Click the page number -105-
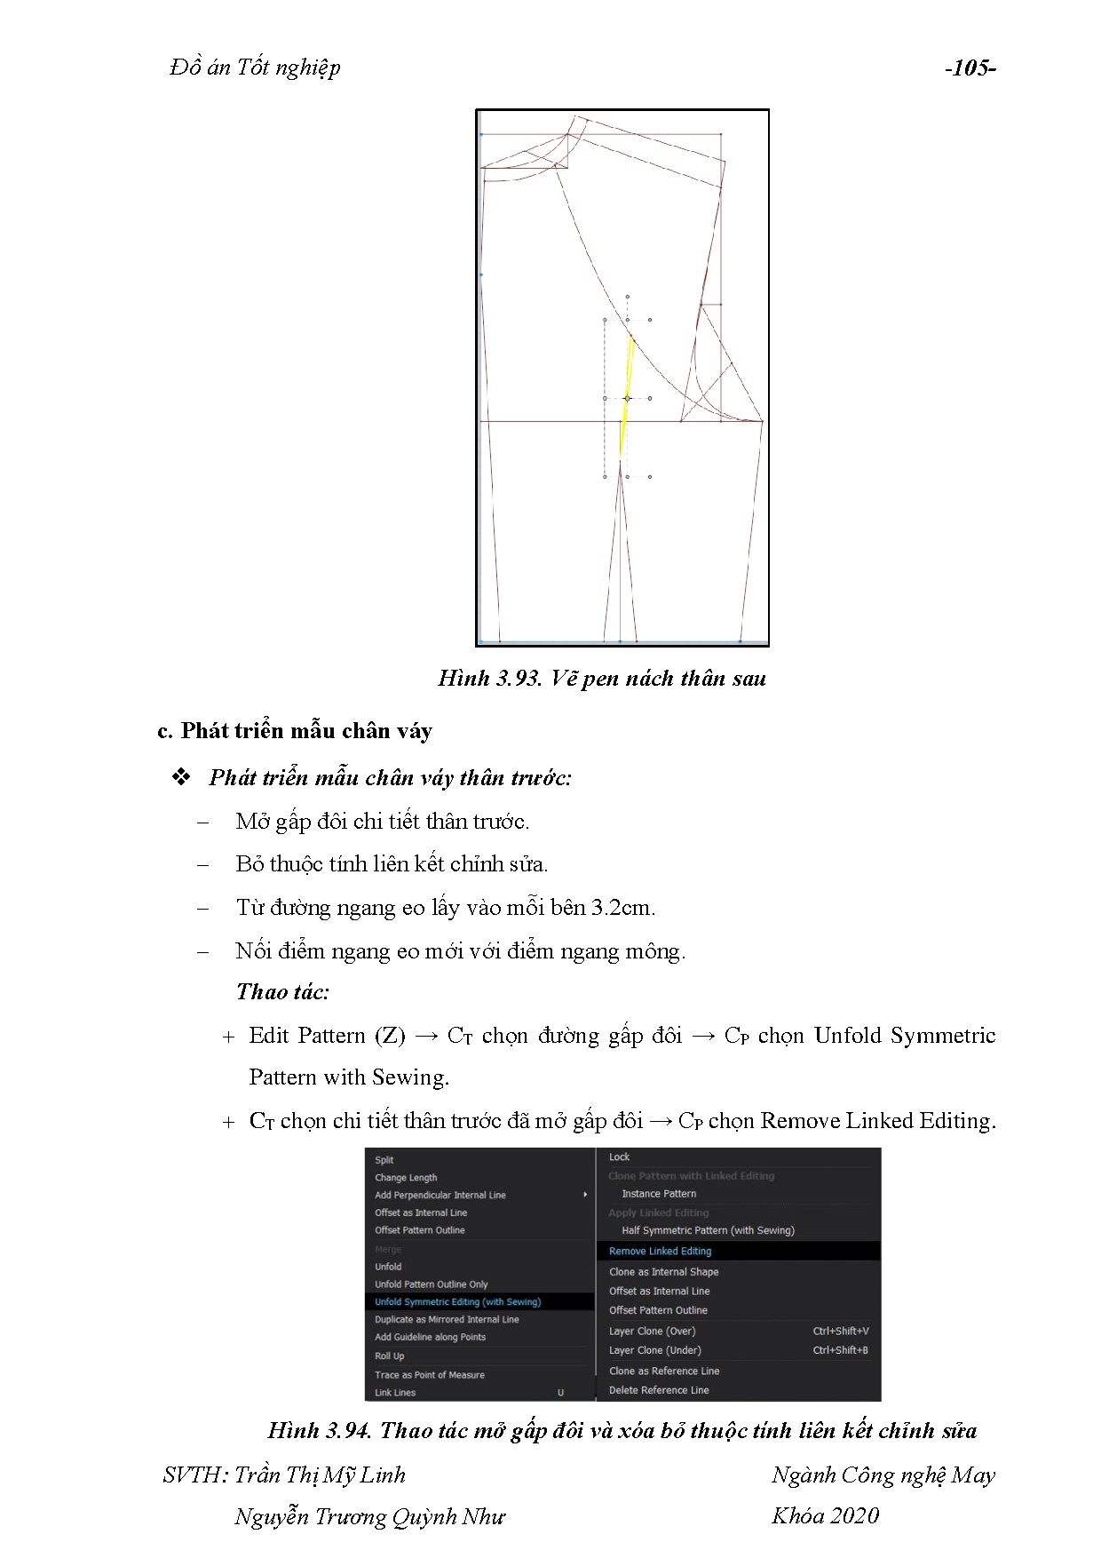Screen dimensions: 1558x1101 coord(970,68)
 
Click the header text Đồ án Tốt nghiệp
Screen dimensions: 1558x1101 coord(255,68)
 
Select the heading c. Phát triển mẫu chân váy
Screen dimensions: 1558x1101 coord(294,731)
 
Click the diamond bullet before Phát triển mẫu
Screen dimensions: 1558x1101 coord(182,777)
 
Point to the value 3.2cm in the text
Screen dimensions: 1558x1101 coord(622,908)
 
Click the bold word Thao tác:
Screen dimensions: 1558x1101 coord(282,992)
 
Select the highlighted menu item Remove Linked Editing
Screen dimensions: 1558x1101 coord(660,1251)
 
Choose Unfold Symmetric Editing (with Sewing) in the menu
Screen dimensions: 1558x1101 coord(457,1302)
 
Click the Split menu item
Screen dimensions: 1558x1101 coord(384,1160)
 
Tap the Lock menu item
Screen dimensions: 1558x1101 coord(619,1157)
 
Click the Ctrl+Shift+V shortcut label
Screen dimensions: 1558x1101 coord(840,1331)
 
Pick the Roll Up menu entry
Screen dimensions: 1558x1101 coord(389,1356)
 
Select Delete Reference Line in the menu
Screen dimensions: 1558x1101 coord(659,1390)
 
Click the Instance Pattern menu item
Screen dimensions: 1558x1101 coord(659,1194)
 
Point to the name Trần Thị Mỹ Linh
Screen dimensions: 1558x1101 coord(320,1475)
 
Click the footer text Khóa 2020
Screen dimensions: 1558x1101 coord(825,1516)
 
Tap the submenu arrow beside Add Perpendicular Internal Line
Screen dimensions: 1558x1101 coord(585,1195)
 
